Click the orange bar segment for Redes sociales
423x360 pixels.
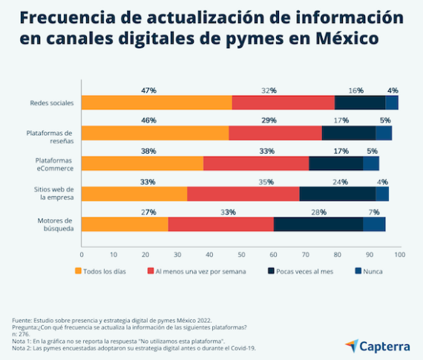click(x=156, y=103)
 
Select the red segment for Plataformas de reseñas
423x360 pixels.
click(x=275, y=134)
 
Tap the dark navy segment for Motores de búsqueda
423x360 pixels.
click(x=318, y=223)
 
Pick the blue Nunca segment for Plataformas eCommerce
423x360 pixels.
click(x=371, y=163)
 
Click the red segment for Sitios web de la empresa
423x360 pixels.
click(x=243, y=194)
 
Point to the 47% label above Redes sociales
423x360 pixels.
click(x=148, y=90)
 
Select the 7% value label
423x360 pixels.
click(x=375, y=212)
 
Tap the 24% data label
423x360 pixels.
click(x=339, y=181)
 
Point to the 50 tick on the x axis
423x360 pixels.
click(x=240, y=255)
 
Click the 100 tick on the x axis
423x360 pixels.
click(x=400, y=255)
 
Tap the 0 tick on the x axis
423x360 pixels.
click(x=81, y=255)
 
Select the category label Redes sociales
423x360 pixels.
click(x=51, y=103)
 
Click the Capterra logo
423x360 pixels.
click(x=376, y=345)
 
